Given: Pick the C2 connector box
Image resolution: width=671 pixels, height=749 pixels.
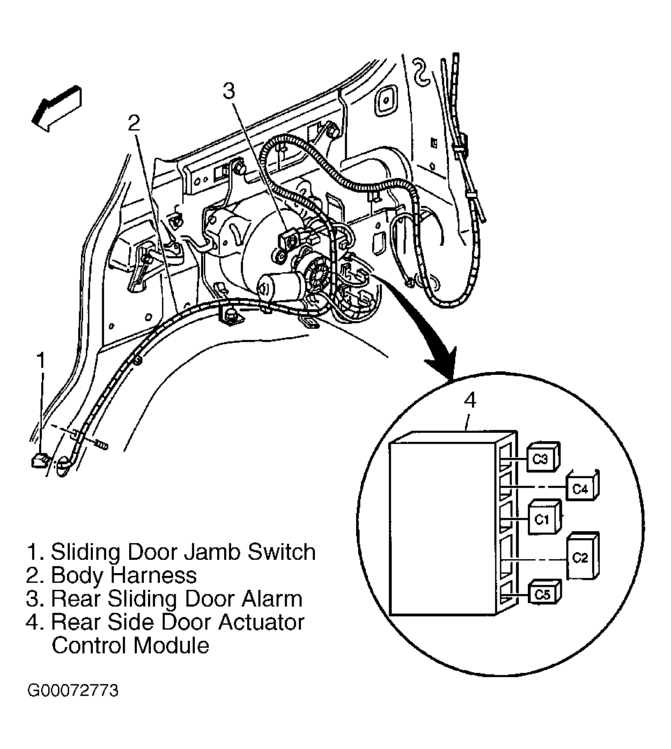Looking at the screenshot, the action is pos(582,556).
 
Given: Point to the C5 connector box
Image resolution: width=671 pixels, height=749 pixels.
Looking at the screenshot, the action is pos(545,593).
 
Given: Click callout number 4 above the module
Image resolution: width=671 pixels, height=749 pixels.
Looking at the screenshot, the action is pos(471,400).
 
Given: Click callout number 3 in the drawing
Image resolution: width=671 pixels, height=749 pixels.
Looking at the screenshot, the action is pos(230,90).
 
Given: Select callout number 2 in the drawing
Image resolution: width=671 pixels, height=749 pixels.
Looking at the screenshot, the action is pos(134,124).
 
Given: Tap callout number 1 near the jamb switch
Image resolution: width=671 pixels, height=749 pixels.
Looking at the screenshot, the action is pos(41,361).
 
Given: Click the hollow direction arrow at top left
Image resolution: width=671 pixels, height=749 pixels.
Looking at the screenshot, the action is pos(57,109).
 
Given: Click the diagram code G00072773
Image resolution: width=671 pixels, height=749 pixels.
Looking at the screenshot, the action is pos(73,691).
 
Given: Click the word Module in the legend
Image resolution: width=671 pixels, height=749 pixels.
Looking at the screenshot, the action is pos(171,646).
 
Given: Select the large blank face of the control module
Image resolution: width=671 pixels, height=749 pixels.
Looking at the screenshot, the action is pos(442,529).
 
